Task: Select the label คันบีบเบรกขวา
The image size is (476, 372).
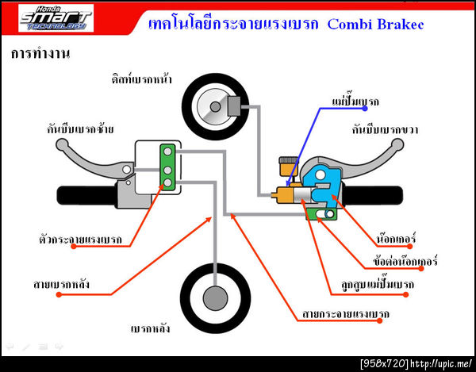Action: (386, 129)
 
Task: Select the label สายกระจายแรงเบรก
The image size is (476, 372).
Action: (346, 314)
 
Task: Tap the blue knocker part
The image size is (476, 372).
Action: (324, 187)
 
